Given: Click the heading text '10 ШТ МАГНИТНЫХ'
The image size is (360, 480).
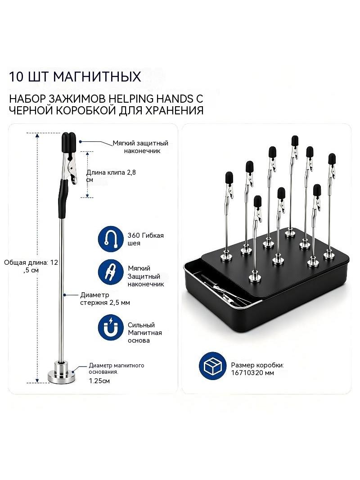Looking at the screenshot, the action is pyautogui.click(x=75, y=77).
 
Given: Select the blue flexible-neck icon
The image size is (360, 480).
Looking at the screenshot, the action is pyautogui.click(x=111, y=239).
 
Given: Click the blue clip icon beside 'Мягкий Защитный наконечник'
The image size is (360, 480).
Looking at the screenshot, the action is pyautogui.click(x=111, y=272).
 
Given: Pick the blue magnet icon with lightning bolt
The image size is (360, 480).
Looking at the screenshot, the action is pyautogui.click(x=111, y=327).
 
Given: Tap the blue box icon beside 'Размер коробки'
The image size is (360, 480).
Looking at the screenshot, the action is pyautogui.click(x=212, y=366).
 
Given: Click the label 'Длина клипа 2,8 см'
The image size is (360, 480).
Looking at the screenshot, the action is pyautogui.click(x=111, y=176).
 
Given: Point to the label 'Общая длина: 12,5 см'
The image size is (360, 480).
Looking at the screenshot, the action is pyautogui.click(x=31, y=266).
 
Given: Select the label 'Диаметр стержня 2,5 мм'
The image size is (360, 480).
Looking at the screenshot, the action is pyautogui.click(x=105, y=299).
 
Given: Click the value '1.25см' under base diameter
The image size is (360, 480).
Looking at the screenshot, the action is pyautogui.click(x=99, y=381).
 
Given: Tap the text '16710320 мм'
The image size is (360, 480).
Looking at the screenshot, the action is pyautogui.click(x=252, y=373).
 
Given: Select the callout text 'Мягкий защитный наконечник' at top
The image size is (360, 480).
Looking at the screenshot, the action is pyautogui.click(x=140, y=147).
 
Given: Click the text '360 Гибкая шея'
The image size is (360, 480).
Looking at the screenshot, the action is pyautogui.click(x=146, y=239).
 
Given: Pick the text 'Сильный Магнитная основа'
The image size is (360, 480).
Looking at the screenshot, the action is pyautogui.click(x=144, y=333).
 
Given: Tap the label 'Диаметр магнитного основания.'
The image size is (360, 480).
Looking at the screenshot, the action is pyautogui.click(x=117, y=369).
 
